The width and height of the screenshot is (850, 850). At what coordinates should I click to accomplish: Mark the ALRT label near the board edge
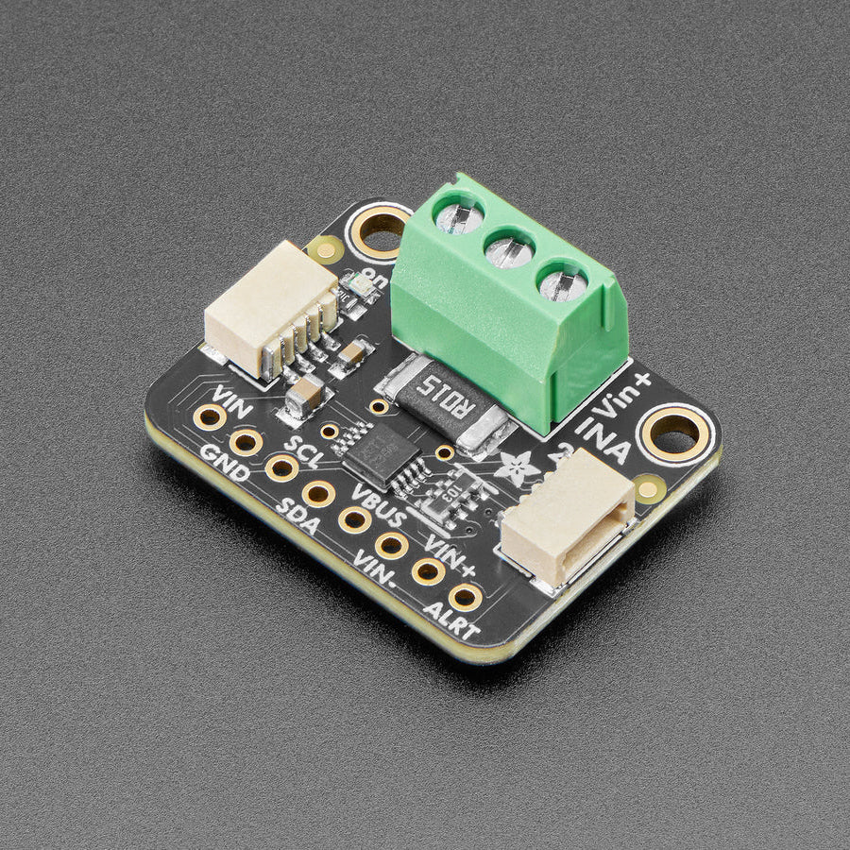[x=450, y=622]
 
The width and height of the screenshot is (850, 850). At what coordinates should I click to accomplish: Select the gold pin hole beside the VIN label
[x=209, y=416]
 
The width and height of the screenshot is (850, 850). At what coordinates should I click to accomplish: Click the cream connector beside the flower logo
[x=567, y=518]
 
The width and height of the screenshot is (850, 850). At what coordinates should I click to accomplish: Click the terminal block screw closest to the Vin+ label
[x=564, y=281]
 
